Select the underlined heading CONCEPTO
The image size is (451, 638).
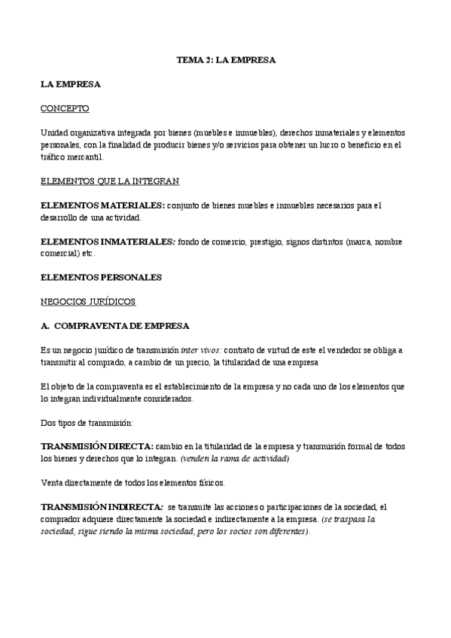coord(65,108)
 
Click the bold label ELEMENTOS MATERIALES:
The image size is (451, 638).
coord(102,205)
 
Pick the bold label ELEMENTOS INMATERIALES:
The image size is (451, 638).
coord(108,242)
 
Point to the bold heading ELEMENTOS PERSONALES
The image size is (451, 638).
coord(101,277)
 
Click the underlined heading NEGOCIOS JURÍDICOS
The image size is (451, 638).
coord(87,301)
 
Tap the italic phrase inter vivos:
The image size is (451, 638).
coord(201,350)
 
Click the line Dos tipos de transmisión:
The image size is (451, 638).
coord(86,422)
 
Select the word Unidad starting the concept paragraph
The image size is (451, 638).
coord(53,132)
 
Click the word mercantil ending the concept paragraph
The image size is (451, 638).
coord(84,157)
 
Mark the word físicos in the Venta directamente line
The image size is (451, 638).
coord(210,482)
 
